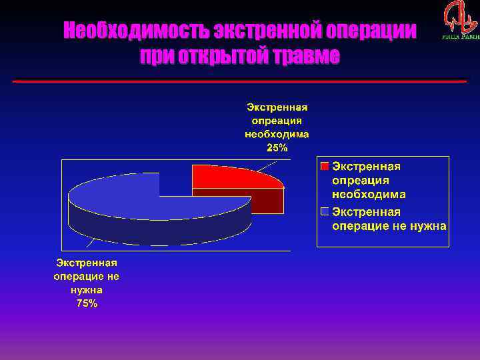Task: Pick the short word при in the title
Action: pos(157,57)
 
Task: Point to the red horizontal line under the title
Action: pos(240,81)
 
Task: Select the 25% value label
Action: pos(277,148)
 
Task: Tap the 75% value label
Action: pos(87,303)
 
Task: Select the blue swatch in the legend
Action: pos(325,212)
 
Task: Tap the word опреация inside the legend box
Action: pos(361,180)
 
